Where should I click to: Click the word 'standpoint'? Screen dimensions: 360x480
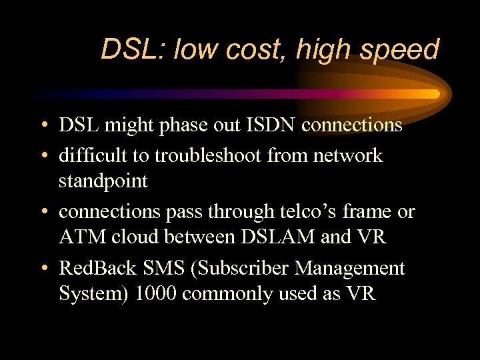(x=103, y=181)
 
